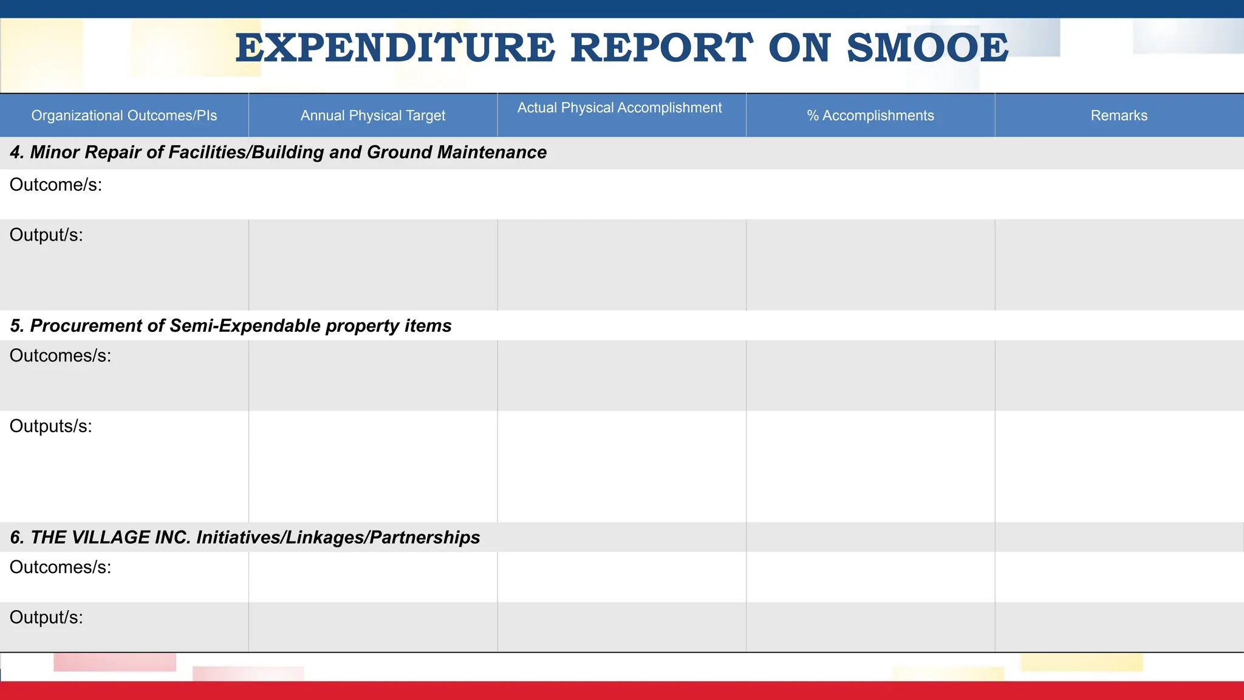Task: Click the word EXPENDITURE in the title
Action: pos(395,48)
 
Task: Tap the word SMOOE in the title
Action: pos(928,48)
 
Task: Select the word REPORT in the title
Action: pos(661,48)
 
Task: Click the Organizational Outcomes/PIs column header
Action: pos(124,115)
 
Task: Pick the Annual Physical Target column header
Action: pos(373,115)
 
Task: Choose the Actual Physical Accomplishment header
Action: pos(620,108)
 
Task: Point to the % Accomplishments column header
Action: pos(870,115)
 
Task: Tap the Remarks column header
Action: pos(1119,115)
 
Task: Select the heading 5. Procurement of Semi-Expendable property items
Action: pos(231,326)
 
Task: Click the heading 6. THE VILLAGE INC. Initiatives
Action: pos(245,537)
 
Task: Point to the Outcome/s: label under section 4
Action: pos(56,185)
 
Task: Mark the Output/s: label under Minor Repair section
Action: pos(46,235)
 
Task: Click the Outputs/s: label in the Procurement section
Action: pos(51,427)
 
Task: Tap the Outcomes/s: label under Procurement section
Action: pos(61,356)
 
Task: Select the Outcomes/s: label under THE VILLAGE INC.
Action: pos(61,568)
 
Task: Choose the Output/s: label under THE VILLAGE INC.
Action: pos(46,618)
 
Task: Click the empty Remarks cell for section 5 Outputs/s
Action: pos(1119,466)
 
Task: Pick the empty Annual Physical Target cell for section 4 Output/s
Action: pos(373,265)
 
